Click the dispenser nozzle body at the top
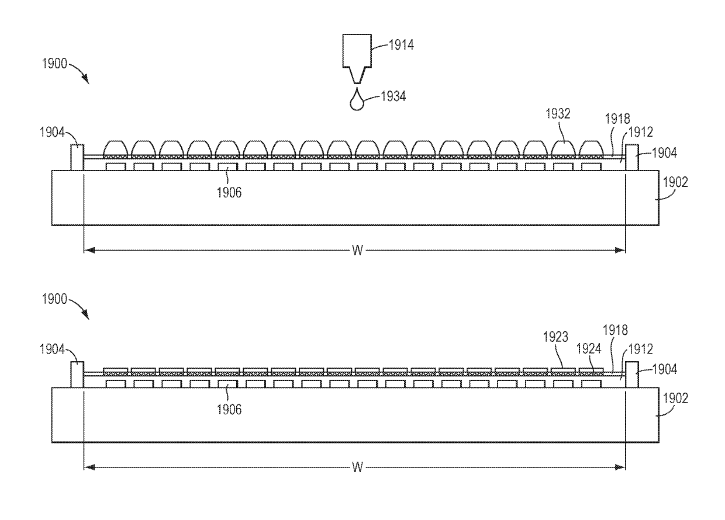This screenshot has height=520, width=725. pyautogui.click(x=356, y=52)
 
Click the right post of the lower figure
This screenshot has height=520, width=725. pyautogui.click(x=631, y=374)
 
